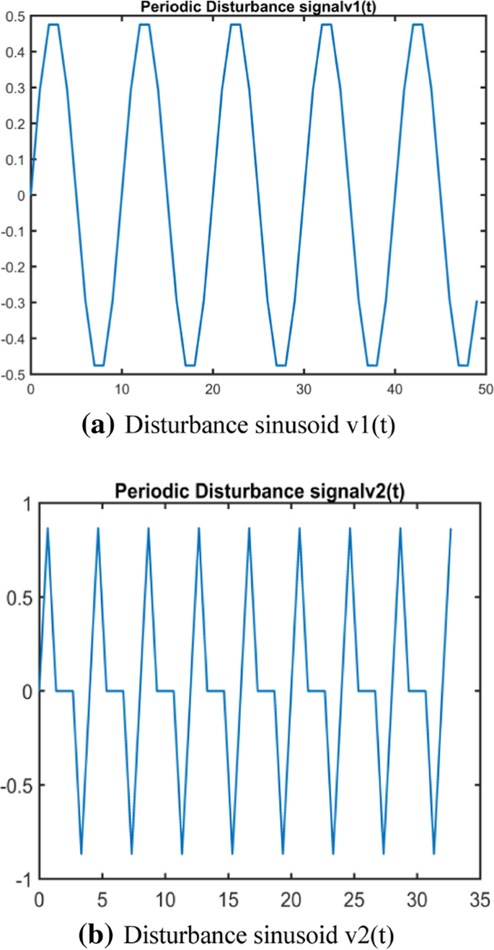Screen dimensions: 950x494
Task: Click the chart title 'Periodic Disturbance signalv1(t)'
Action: pyautogui.click(x=256, y=6)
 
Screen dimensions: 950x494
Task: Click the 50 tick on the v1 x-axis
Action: pyautogui.click(x=485, y=388)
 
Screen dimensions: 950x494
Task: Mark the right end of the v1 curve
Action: pyautogui.click(x=477, y=301)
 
